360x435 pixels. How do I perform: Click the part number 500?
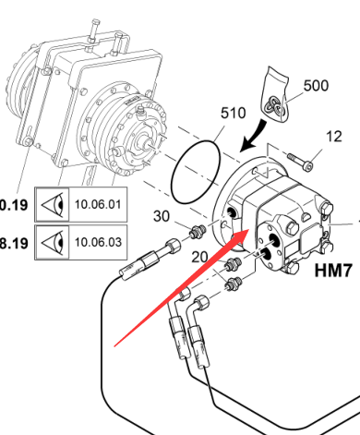coord(316,85)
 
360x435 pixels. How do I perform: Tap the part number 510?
coord(234,113)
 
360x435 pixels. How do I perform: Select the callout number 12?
coord(333,136)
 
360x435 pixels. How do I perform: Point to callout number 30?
coord(162,216)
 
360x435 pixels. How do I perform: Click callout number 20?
coord(200,257)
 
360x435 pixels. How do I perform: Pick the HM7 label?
coord(333,271)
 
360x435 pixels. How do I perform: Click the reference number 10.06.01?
coord(98,204)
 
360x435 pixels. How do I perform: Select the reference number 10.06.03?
coord(98,242)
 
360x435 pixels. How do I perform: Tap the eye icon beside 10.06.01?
coord(53,204)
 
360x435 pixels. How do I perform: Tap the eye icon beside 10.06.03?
coord(53,243)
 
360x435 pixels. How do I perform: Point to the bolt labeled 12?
coord(301,162)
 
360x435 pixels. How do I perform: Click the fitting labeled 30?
coord(198,232)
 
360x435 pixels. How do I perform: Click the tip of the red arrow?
coord(249,230)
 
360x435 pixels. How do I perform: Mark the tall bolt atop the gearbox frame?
coord(94,31)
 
